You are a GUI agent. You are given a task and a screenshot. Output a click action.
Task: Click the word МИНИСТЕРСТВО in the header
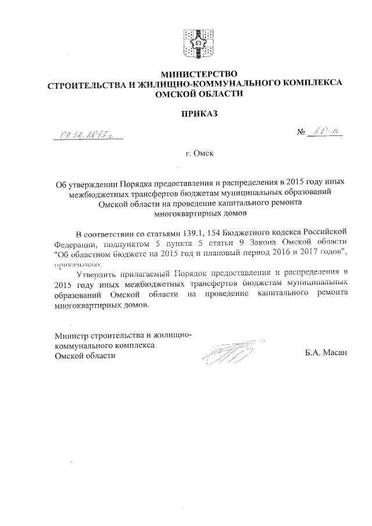199,74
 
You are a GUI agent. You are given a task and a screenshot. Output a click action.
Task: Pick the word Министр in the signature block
70,335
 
